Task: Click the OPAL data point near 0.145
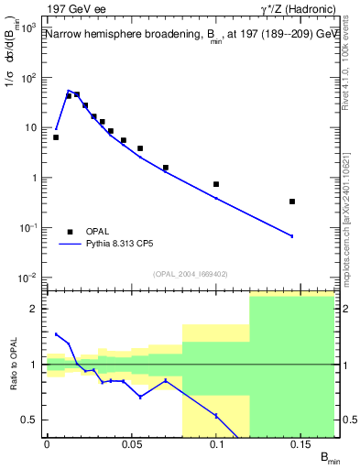(x=292, y=202)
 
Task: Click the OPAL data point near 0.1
(x=216, y=184)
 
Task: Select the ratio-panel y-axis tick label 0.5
(x=33, y=420)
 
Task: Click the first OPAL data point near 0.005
(x=56, y=137)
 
